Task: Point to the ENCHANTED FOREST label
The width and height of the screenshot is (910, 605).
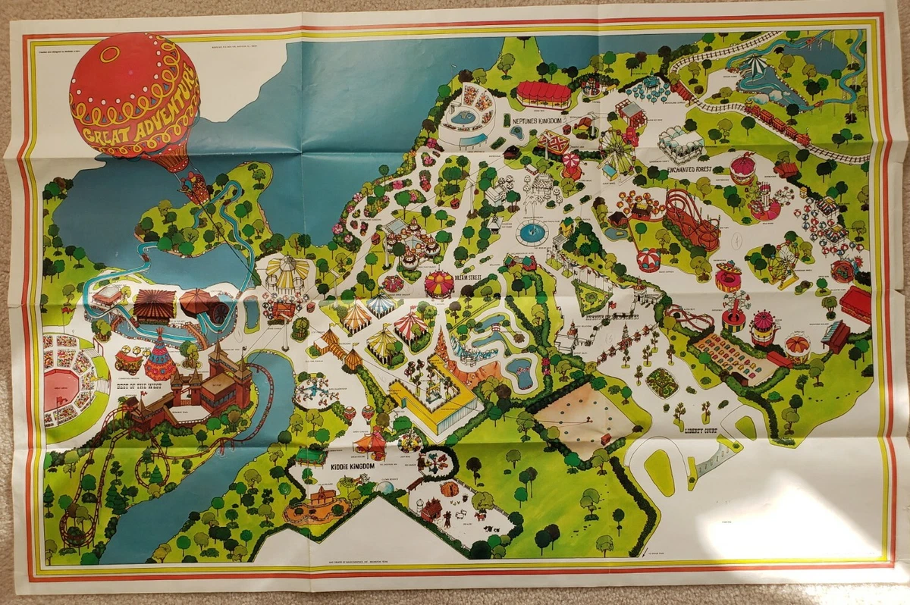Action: click(x=676, y=170)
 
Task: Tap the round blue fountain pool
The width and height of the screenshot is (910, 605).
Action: click(x=532, y=232)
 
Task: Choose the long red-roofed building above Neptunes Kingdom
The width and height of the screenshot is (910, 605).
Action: click(x=544, y=94)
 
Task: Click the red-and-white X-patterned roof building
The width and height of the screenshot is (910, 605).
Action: click(x=554, y=143)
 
